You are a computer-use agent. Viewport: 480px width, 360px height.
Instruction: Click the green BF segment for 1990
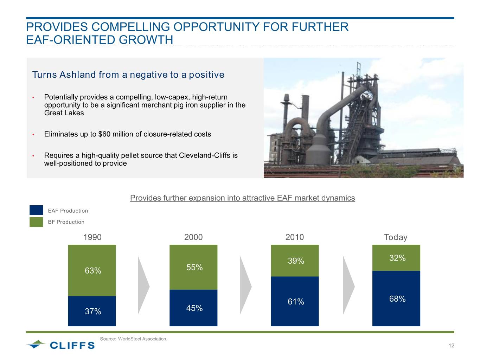pyautogui.click(x=92, y=270)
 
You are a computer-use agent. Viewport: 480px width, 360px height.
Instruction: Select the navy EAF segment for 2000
pyautogui.click(x=193, y=308)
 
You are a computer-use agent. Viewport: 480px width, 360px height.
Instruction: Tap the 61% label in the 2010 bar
pyautogui.click(x=296, y=302)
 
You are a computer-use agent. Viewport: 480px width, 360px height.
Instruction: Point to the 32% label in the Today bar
pyautogui.click(x=397, y=258)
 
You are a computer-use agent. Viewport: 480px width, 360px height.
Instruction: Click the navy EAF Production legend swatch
pyautogui.click(x=36, y=210)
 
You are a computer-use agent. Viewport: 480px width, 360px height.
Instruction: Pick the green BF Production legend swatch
pyautogui.click(x=36, y=222)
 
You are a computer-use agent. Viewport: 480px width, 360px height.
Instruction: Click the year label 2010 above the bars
pyautogui.click(x=295, y=237)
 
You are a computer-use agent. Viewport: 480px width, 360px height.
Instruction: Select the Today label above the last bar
pyautogui.click(x=396, y=237)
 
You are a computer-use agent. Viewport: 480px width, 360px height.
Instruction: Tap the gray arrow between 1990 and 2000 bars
pyautogui.click(x=143, y=285)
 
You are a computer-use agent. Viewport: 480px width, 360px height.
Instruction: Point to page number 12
pyautogui.click(x=451, y=346)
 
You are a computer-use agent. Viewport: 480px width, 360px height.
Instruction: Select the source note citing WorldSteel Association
pyautogui.click(x=134, y=339)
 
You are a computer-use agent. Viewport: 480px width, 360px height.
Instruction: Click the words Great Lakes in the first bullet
pyautogui.click(x=64, y=113)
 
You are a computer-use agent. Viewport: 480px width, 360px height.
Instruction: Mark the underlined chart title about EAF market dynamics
pyautogui.click(x=242, y=198)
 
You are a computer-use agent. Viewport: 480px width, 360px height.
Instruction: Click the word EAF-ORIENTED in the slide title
pyautogui.click(x=71, y=40)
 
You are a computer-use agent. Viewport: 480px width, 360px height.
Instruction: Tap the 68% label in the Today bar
pyautogui.click(x=397, y=299)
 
